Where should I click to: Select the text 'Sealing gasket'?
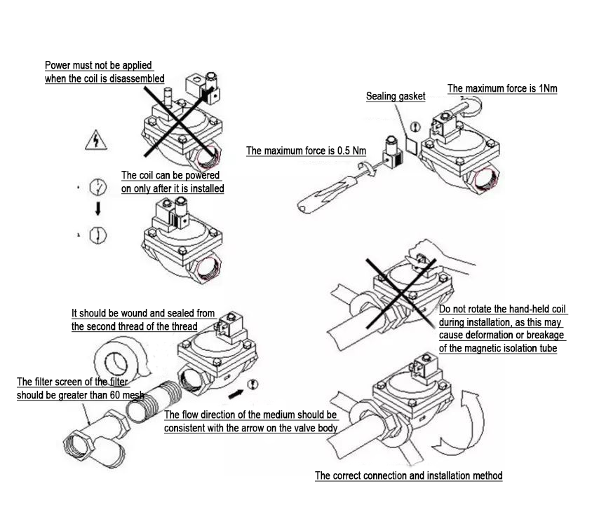(x=396, y=96)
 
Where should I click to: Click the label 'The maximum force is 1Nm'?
(x=502, y=89)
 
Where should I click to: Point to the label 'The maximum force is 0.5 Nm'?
(x=306, y=151)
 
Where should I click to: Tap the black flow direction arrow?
(x=236, y=384)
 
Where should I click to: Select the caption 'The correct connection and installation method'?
(x=408, y=475)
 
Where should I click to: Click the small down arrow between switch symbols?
(x=98, y=208)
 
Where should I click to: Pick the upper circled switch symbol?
(x=97, y=188)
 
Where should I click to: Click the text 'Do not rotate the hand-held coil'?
(x=502, y=310)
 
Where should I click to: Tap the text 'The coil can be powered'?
(x=170, y=175)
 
